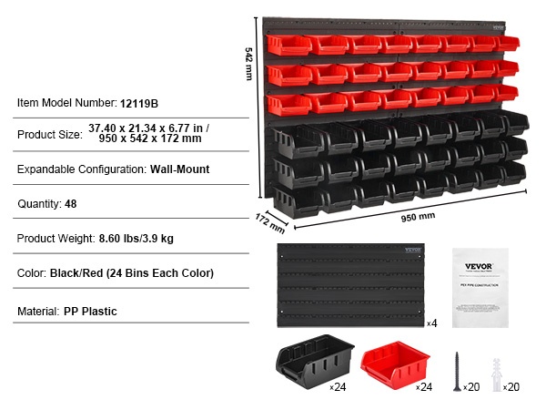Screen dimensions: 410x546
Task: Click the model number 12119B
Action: pyautogui.click(x=139, y=102)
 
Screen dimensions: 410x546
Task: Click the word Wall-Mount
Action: pyautogui.click(x=180, y=169)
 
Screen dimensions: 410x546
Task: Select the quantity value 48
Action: pyautogui.click(x=71, y=204)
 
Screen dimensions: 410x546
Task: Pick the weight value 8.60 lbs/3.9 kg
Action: pyautogui.click(x=136, y=239)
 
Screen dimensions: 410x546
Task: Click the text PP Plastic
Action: pyautogui.click(x=90, y=312)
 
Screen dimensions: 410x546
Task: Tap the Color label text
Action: pyautogui.click(x=33, y=273)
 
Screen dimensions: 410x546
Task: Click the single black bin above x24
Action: pyautogui.click(x=307, y=366)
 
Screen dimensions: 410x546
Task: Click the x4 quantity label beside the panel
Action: pyautogui.click(x=431, y=323)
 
